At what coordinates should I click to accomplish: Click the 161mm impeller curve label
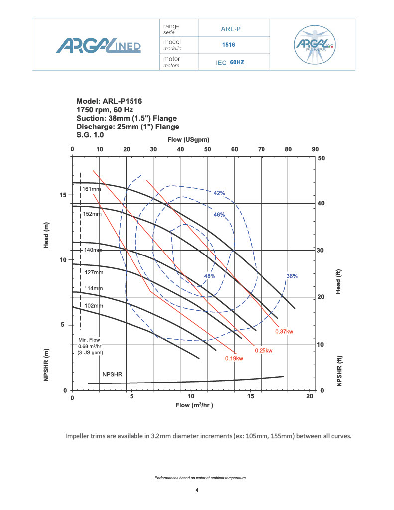(92, 189)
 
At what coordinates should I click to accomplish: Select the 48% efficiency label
(210, 276)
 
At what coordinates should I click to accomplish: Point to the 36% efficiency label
(292, 276)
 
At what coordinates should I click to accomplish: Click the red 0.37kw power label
(284, 332)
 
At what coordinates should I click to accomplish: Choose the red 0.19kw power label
(234, 359)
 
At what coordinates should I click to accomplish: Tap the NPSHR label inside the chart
(113, 374)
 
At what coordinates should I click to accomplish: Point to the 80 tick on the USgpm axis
(288, 149)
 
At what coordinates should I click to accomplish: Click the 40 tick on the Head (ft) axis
(322, 204)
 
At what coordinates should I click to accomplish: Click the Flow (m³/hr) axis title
(194, 405)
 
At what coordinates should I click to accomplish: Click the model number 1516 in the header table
(229, 45)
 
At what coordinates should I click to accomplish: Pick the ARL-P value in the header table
(231, 28)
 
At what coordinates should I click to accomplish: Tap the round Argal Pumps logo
(312, 45)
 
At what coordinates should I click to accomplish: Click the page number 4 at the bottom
(197, 490)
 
